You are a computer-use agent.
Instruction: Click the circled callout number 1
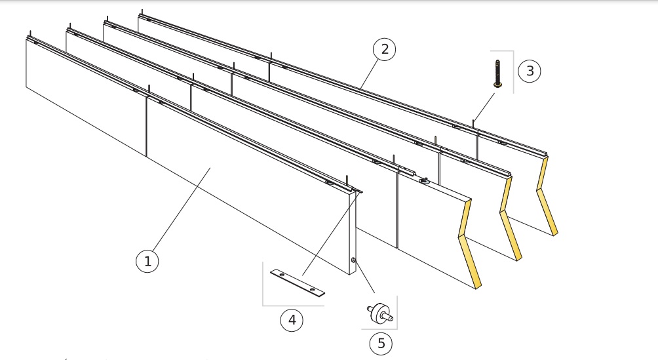pos(147,261)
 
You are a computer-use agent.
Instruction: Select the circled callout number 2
pos(385,49)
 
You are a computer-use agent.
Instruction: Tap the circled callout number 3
pos(529,71)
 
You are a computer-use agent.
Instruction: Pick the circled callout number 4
pos(292,320)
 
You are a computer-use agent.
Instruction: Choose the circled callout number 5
pos(381,343)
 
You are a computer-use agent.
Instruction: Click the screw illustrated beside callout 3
pos(497,73)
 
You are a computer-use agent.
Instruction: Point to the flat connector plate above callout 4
pos(298,283)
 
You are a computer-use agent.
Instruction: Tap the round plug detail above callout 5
pos(380,313)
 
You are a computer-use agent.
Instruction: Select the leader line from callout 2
pos(368,74)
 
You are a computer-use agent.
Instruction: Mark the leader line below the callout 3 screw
pos(484,108)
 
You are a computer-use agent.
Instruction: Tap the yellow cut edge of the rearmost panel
pos(547,196)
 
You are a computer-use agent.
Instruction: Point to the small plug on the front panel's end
pos(354,261)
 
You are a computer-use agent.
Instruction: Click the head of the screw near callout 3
pos(497,85)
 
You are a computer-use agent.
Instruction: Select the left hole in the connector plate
pos(282,275)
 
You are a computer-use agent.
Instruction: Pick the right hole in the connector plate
pos(312,290)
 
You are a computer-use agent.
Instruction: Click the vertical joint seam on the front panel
pos(146,127)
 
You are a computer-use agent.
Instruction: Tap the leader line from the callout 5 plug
pos(364,277)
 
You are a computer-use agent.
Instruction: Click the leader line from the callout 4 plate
pos(332,233)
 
